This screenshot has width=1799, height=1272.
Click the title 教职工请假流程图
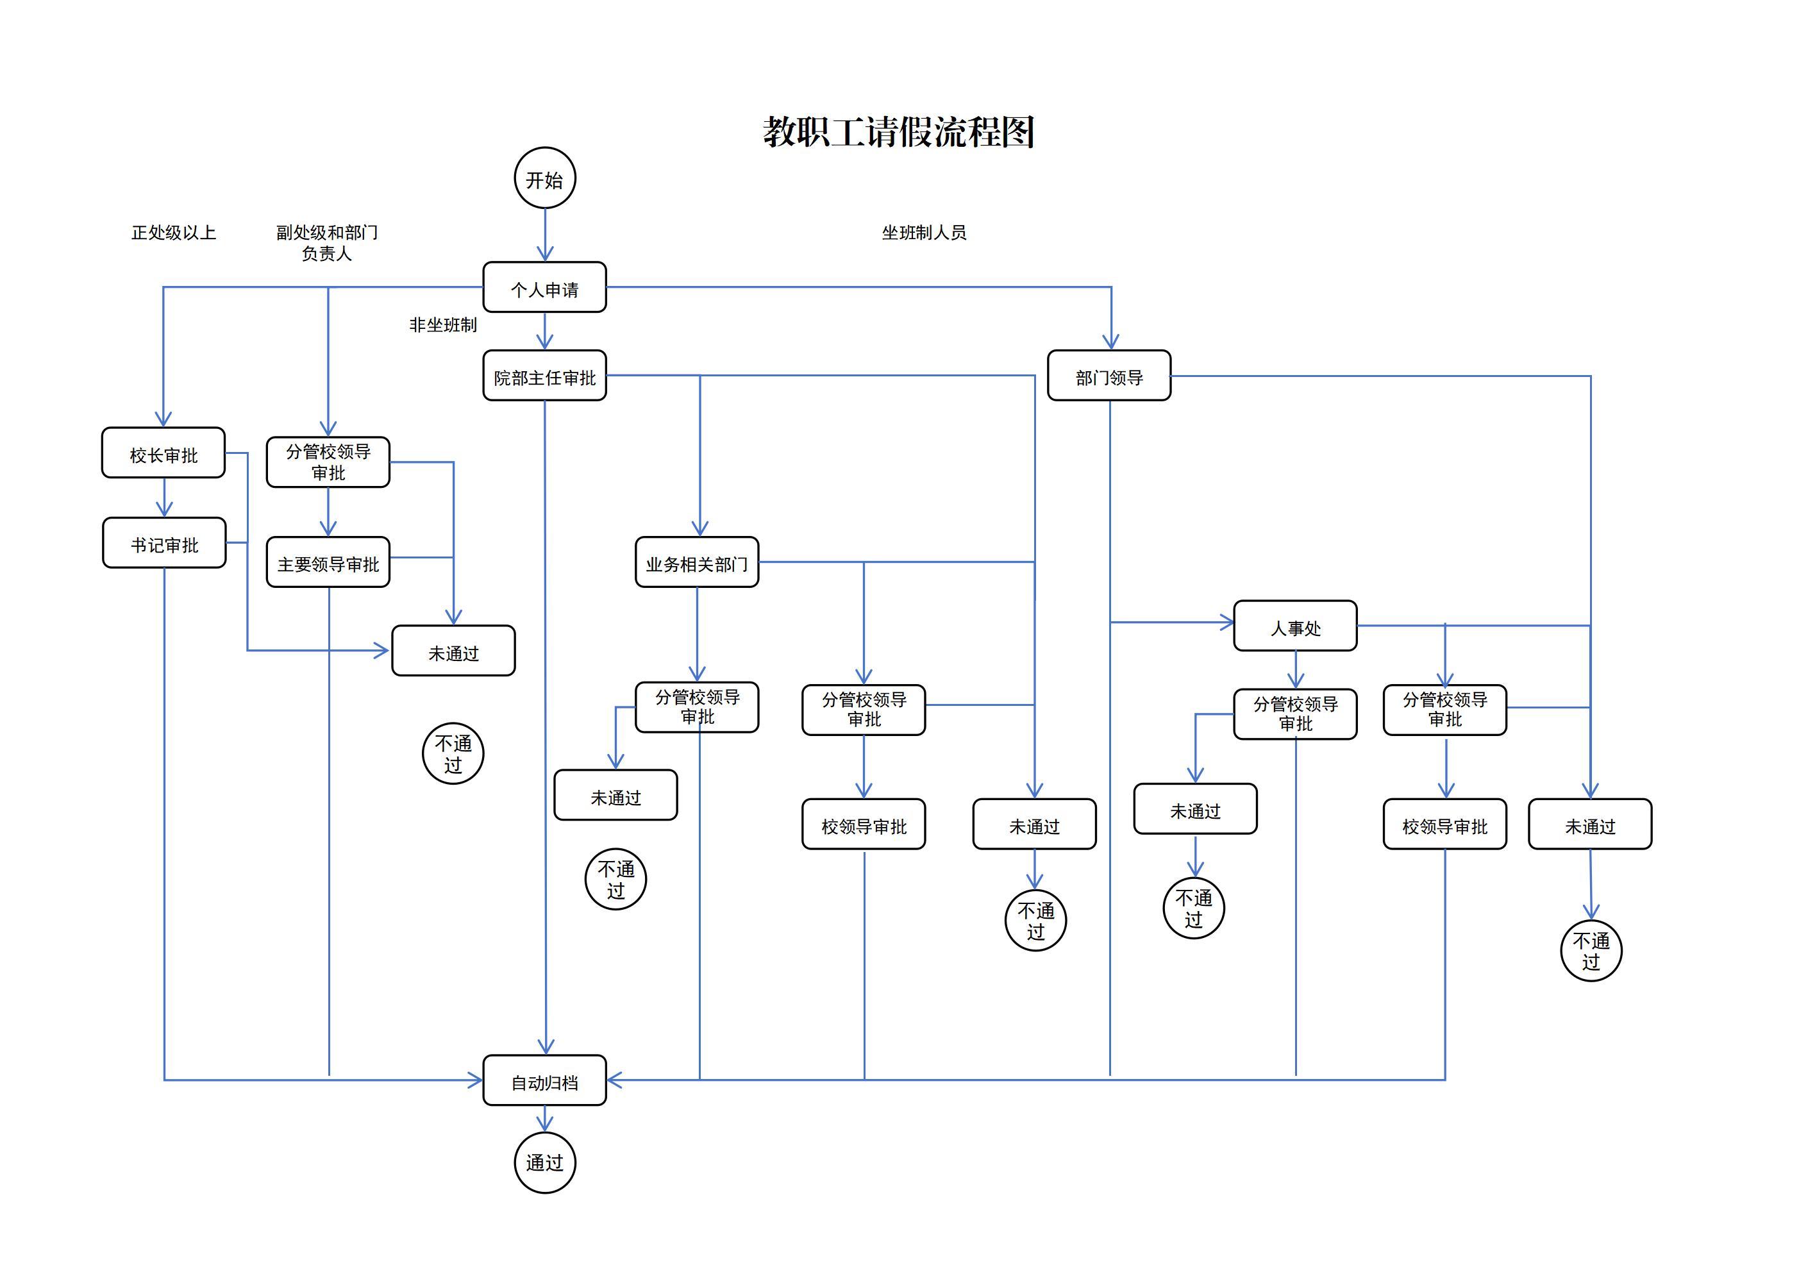(x=899, y=131)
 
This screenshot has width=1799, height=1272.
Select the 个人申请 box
(x=544, y=288)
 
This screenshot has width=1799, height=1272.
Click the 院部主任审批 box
(x=544, y=376)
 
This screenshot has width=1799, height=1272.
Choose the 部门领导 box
(x=1109, y=376)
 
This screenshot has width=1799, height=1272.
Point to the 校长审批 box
(x=163, y=453)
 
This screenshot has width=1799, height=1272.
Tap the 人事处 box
(x=1295, y=626)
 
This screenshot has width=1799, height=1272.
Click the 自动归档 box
(x=544, y=1081)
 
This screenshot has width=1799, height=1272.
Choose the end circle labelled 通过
(x=544, y=1163)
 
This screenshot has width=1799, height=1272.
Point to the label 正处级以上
(x=173, y=233)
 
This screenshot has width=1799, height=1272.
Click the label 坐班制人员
(x=924, y=233)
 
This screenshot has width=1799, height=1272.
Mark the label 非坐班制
(x=443, y=324)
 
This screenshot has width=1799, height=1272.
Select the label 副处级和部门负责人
(x=327, y=243)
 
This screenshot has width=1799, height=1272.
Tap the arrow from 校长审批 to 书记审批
(x=163, y=498)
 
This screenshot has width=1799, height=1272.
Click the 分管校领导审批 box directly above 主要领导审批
(x=328, y=462)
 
